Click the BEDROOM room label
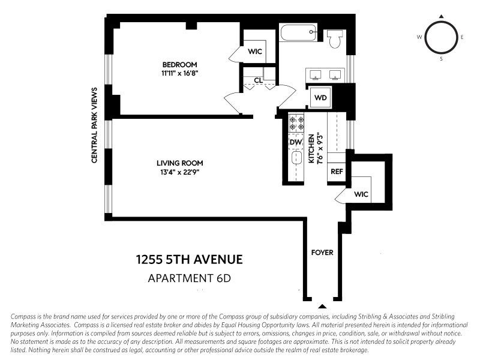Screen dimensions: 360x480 (x=179, y=65)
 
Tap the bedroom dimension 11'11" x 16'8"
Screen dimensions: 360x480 (x=179, y=74)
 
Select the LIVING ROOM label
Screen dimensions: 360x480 (x=179, y=163)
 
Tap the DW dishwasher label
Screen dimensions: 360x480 (x=296, y=142)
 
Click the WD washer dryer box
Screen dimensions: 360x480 (x=320, y=97)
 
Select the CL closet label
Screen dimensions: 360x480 (x=258, y=80)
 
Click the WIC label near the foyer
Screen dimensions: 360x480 (x=361, y=194)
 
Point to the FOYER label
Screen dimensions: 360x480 (x=322, y=253)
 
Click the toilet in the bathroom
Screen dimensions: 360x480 (x=335, y=39)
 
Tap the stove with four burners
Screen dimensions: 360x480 (x=296, y=123)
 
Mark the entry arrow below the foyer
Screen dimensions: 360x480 (x=322, y=305)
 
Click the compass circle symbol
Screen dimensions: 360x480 (x=442, y=37)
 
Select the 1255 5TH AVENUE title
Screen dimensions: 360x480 (x=189, y=260)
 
